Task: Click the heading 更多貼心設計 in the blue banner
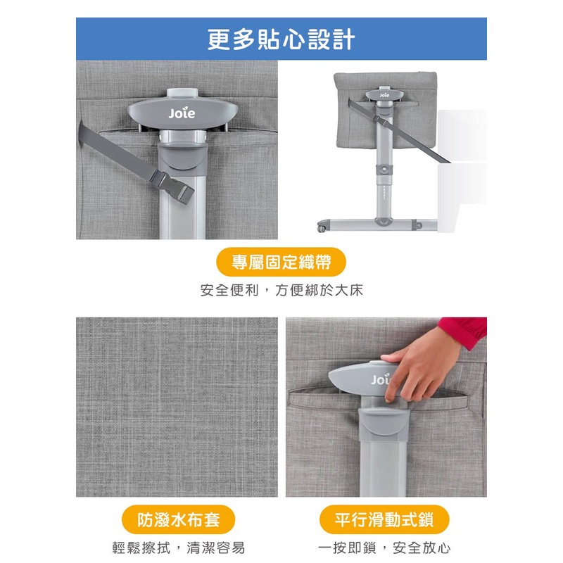pyautogui.click(x=281, y=39)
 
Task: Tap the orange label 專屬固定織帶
pyautogui.click(x=281, y=262)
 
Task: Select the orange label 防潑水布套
pyautogui.click(x=179, y=519)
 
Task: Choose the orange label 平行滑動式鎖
pyautogui.click(x=384, y=519)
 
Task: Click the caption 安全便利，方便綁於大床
pyautogui.click(x=281, y=290)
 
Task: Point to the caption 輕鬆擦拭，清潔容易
pyautogui.click(x=179, y=548)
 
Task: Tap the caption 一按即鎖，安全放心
pyautogui.click(x=384, y=548)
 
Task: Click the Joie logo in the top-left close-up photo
pyautogui.click(x=182, y=113)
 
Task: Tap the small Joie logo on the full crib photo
pyautogui.click(x=384, y=95)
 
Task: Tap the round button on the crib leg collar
pyautogui.click(x=384, y=169)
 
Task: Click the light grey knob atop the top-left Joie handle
pyautogui.click(x=182, y=93)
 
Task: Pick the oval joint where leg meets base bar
pyautogui.click(x=384, y=222)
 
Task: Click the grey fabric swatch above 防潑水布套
pyautogui.click(x=177, y=407)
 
